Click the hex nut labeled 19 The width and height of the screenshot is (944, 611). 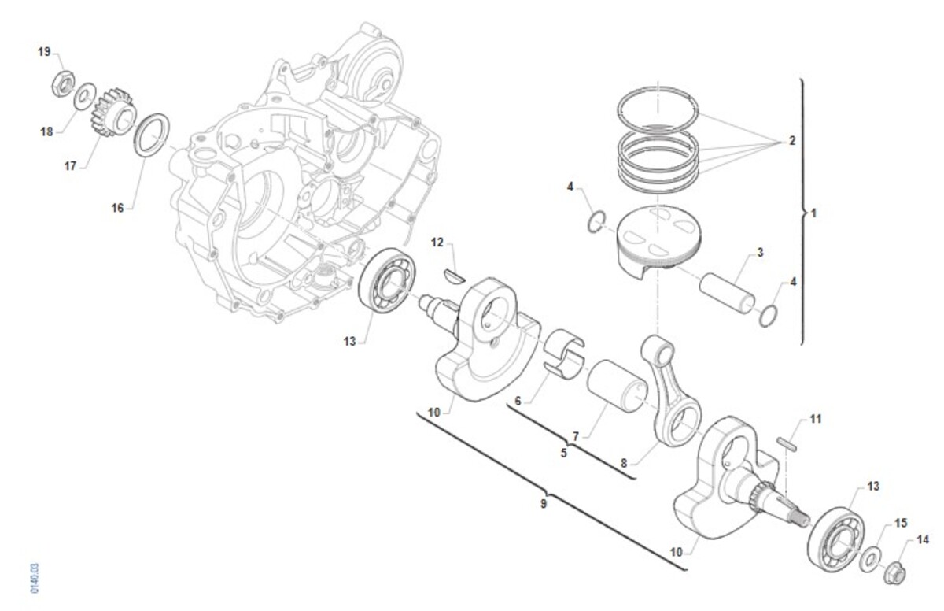[63, 83]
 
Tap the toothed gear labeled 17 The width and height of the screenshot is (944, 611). [112, 112]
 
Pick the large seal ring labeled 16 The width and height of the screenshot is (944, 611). [152, 135]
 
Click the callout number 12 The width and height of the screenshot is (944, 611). [437, 243]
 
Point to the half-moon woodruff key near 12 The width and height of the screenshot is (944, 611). [455, 276]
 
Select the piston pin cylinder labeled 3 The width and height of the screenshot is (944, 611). [727, 294]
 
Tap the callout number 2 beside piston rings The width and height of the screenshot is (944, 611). [792, 140]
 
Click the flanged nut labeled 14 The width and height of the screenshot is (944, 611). [894, 572]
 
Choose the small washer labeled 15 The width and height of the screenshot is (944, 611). [869, 559]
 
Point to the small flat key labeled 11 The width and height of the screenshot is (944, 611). [787, 445]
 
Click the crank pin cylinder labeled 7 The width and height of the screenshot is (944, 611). [616, 386]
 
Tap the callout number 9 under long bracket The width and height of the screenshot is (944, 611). [544, 503]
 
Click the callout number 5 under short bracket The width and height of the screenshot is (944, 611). [564, 454]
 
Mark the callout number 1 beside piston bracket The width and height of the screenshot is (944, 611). [813, 213]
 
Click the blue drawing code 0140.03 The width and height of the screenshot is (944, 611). [35, 578]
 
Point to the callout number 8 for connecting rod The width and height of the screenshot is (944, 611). [624, 463]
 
